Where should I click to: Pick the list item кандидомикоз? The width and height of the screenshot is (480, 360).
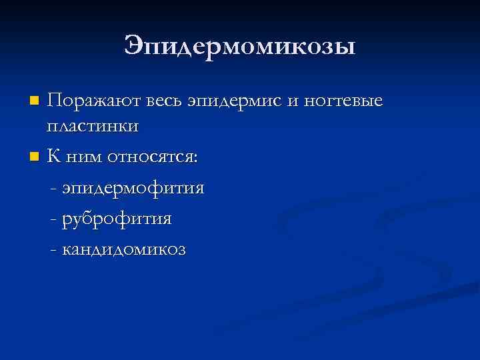(x=124, y=249)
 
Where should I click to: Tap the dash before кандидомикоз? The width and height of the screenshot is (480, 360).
(x=53, y=250)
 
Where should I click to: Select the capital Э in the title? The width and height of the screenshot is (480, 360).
(x=134, y=46)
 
